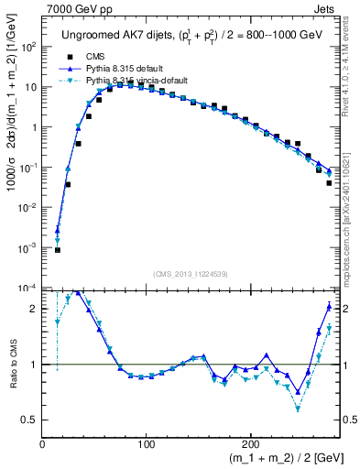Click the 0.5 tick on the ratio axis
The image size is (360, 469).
30,420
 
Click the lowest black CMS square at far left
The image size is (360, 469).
57,250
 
